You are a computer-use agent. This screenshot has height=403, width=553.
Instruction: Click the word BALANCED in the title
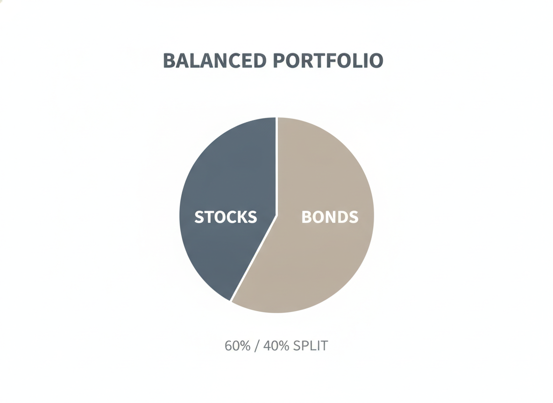pos(215,61)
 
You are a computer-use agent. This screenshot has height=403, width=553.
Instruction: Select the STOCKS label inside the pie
pos(226,217)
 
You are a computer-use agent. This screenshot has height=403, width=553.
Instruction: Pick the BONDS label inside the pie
pos(330,217)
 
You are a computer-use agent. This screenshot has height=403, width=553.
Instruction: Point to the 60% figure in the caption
pos(237,346)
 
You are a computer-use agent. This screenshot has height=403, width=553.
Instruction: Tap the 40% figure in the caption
pos(276,346)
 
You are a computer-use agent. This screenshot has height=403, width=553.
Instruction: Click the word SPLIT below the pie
pos(311,346)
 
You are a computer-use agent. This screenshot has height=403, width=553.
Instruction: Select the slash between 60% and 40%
pos(257,346)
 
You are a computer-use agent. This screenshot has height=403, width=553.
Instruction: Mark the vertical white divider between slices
pos(277,166)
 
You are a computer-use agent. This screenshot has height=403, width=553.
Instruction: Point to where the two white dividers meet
pos(277,215)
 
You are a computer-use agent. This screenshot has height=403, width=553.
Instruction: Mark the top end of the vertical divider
pos(277,118)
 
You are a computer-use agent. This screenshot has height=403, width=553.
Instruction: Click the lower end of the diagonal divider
pos(231,301)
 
